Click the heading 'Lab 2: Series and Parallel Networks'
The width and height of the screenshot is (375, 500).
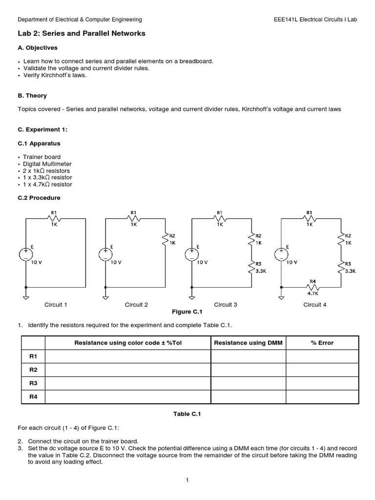(82, 33)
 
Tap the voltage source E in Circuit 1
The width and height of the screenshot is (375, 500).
(26, 254)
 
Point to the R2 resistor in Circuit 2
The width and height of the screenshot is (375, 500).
(166, 239)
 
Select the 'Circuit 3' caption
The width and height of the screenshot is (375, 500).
(226, 305)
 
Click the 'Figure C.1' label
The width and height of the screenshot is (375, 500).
(187, 312)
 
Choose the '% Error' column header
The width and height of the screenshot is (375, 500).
(322, 343)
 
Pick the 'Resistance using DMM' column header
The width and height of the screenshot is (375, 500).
(248, 343)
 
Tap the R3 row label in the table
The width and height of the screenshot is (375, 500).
(33, 383)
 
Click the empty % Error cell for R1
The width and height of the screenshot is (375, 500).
(322, 356)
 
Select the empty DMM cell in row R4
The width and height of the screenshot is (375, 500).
(248, 397)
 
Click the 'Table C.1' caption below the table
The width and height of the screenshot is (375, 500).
(187, 414)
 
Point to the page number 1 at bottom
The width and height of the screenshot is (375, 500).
(187, 480)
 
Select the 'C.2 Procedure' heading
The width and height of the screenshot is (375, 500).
(39, 198)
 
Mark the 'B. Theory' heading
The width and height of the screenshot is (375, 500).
(32, 96)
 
